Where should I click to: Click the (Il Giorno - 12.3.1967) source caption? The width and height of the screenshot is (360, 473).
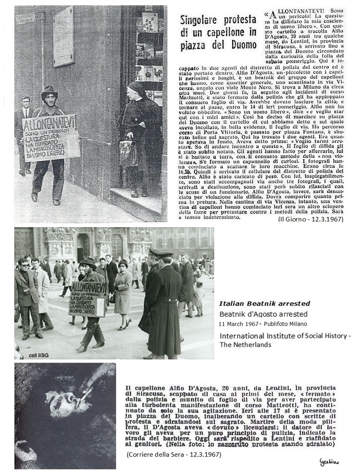coord(310,219)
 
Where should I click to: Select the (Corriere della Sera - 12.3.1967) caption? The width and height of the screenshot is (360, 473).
coord(173,454)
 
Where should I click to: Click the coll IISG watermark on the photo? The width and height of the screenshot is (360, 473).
coord(29,355)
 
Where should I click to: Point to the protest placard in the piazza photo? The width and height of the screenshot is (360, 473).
coord(88,298)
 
